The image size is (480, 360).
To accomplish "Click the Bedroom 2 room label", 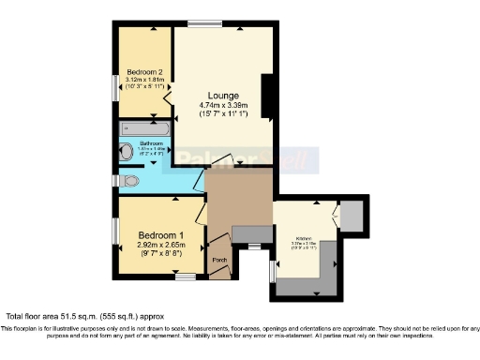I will [x=145, y=72].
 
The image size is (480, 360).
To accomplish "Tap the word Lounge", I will [x=223, y=96].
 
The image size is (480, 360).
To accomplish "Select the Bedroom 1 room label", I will [x=154, y=234].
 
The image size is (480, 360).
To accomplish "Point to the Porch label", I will [x=220, y=260].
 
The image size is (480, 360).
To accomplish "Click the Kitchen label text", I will [x=305, y=238].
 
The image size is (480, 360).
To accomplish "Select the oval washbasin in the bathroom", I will [x=126, y=150].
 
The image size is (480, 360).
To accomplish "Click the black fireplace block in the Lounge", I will [x=267, y=97].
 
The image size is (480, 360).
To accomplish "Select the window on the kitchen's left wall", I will [x=272, y=269].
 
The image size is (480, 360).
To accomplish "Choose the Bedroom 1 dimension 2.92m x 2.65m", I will [x=154, y=245].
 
